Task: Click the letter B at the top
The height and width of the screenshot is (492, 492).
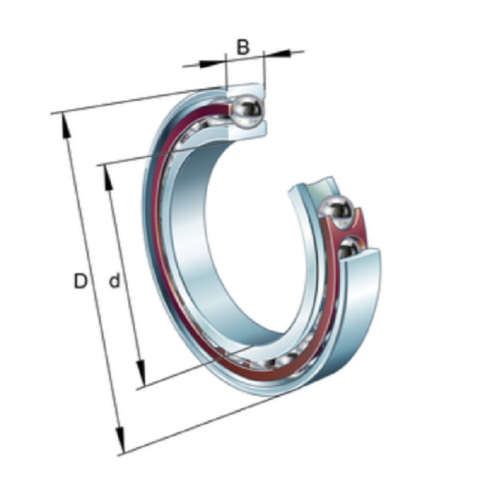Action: click(243, 47)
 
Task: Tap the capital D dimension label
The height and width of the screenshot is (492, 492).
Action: click(80, 281)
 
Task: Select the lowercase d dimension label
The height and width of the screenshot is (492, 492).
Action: click(115, 281)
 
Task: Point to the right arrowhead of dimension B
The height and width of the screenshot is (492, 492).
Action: click(278, 53)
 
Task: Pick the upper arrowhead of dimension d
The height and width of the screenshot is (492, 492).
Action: click(108, 178)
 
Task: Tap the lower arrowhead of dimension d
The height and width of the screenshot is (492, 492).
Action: click(141, 373)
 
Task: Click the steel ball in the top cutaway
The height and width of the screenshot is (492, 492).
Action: click(247, 111)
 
